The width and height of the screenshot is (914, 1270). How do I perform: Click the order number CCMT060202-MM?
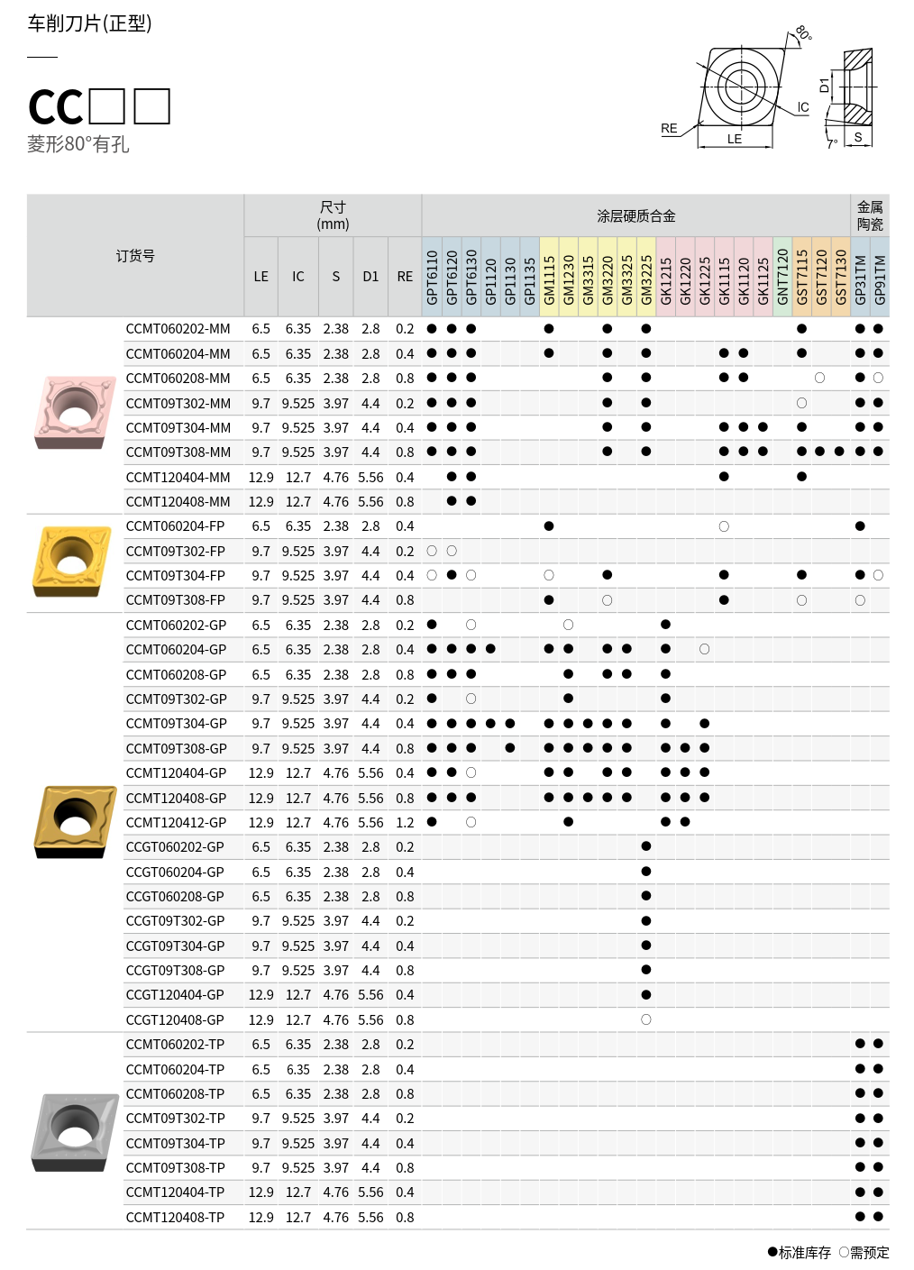pyautogui.click(x=178, y=329)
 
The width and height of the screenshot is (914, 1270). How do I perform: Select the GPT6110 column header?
pyautogui.click(x=432, y=278)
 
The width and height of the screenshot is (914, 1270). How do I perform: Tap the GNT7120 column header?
pyautogui.click(x=782, y=278)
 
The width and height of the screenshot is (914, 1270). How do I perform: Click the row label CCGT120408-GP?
pyautogui.click(x=175, y=1020)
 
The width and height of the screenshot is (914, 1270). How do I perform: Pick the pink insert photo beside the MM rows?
pyautogui.click(x=75, y=412)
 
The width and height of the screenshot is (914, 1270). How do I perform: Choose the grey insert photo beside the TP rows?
pyautogui.click(x=75, y=1132)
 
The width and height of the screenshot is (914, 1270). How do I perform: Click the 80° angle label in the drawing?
pyautogui.click(x=803, y=34)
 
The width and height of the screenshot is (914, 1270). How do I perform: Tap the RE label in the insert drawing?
pyautogui.click(x=669, y=129)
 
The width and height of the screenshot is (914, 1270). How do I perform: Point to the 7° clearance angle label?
pyautogui.click(x=833, y=142)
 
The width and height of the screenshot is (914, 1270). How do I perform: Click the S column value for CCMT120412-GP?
pyautogui.click(x=335, y=823)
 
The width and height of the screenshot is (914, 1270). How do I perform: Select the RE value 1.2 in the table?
pyautogui.click(x=405, y=823)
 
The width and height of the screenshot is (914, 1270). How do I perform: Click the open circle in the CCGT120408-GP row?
pyautogui.click(x=646, y=1019)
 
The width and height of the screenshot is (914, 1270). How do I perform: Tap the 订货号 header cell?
pyautogui.click(x=135, y=256)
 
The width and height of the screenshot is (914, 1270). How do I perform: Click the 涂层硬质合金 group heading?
pyautogui.click(x=635, y=216)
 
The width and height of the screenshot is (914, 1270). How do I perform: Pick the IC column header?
pyautogui.click(x=298, y=277)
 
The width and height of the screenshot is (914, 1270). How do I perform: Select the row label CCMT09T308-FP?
pyautogui.click(x=175, y=600)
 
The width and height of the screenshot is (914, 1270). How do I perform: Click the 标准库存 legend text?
pyautogui.click(x=804, y=1252)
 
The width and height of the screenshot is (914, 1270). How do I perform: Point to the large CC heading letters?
pyautogui.click(x=56, y=107)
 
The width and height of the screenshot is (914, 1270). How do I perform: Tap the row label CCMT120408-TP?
pyautogui.click(x=175, y=1218)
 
